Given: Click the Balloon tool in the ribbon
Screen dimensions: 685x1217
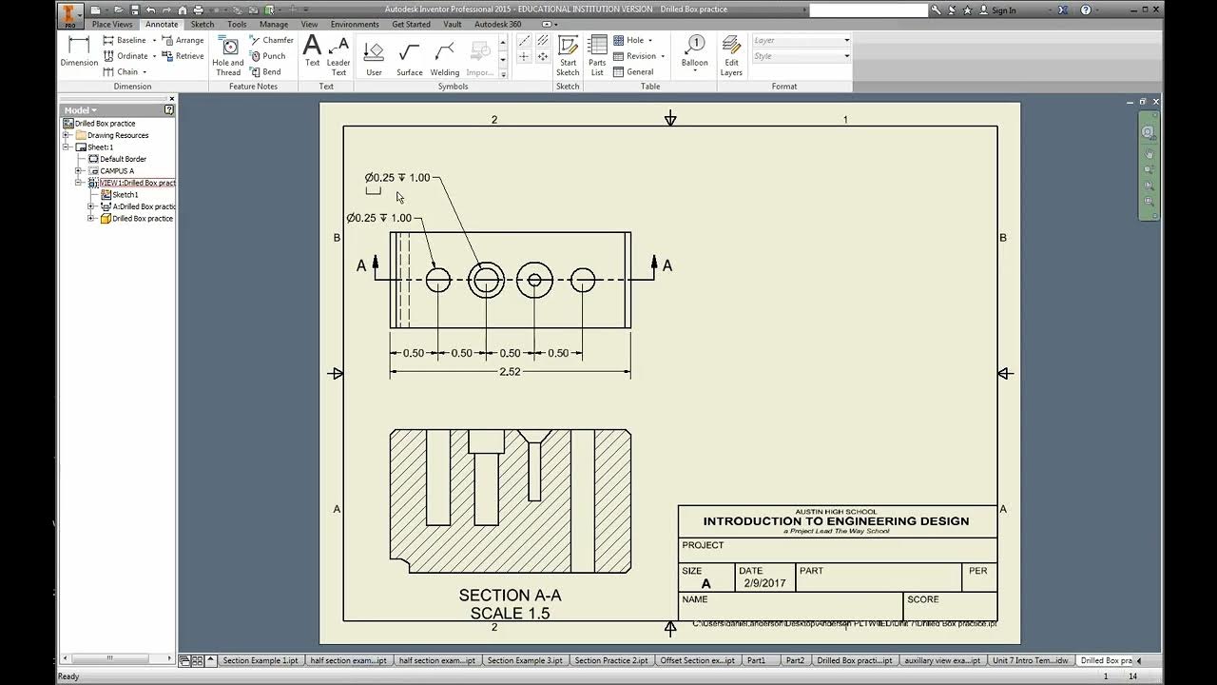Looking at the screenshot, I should click(x=694, y=51).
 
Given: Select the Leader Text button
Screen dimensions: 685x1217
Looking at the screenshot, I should click(x=338, y=55).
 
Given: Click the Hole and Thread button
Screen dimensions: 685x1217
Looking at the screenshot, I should click(x=228, y=55).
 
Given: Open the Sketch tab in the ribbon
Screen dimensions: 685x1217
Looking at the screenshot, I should click(x=203, y=24).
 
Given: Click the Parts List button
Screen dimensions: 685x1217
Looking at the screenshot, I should click(x=597, y=55).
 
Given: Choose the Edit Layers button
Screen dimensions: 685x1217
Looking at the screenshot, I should click(x=731, y=55).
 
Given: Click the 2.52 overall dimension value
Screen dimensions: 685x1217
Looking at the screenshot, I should click(x=510, y=372).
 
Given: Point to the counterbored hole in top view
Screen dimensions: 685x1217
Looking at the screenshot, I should click(x=486, y=280).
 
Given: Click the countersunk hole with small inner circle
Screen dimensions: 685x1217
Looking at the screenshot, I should click(x=534, y=280).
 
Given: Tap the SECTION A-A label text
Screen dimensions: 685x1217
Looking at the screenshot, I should click(x=510, y=596).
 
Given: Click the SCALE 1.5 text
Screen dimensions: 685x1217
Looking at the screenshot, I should click(x=510, y=614).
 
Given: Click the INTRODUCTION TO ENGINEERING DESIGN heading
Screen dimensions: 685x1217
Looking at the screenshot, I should click(x=836, y=521).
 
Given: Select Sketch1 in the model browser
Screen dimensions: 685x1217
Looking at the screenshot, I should click(x=125, y=194).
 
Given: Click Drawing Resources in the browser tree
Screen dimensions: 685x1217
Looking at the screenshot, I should click(x=118, y=135).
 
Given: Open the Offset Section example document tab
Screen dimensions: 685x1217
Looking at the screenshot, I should click(x=697, y=660).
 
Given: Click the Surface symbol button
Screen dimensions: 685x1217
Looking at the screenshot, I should click(x=410, y=57).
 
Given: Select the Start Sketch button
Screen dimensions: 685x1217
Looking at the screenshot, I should click(x=568, y=55).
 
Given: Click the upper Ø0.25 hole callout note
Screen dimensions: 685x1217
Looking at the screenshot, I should click(x=397, y=178).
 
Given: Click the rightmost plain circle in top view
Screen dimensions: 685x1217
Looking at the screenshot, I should click(x=583, y=280).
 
